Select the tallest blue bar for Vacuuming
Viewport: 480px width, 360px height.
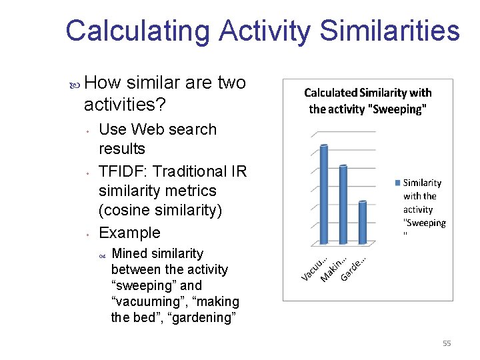pyautogui.click(x=324, y=193)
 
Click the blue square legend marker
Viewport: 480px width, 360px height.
pyautogui.click(x=399, y=183)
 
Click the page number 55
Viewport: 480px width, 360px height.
pyautogui.click(x=447, y=343)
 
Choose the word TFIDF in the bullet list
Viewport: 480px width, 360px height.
pyautogui.click(x=119, y=171)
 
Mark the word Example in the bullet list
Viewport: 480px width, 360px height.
pyautogui.click(x=129, y=233)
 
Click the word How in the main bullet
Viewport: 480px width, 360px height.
pyautogui.click(x=103, y=83)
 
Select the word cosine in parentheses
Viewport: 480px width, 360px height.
pyautogui.click(x=127, y=210)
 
